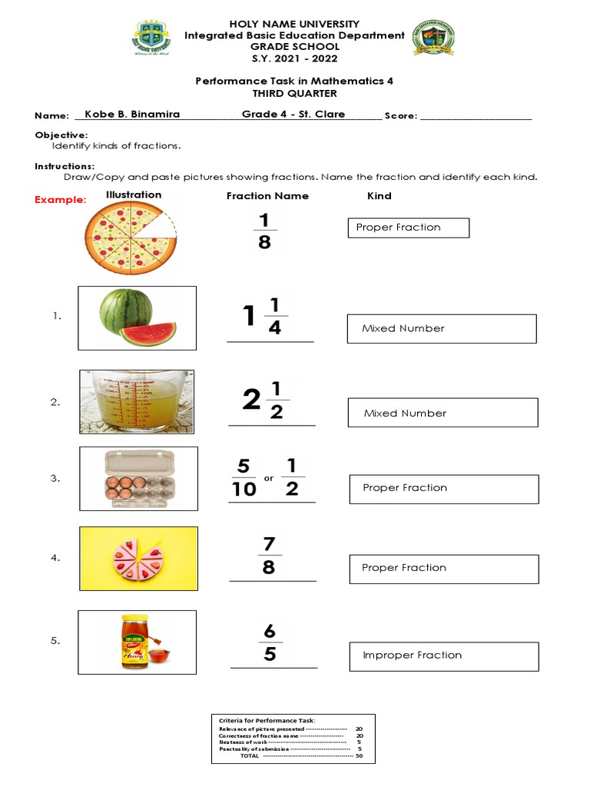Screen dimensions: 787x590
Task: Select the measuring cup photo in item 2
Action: click(137, 401)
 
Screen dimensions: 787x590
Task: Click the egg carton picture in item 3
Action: click(138, 478)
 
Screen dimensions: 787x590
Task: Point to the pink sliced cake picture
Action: click(138, 558)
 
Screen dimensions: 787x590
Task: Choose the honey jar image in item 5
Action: click(138, 641)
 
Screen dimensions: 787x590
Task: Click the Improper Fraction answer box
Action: click(443, 656)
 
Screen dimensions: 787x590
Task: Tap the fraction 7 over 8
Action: click(269, 556)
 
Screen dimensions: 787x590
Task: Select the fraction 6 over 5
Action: click(270, 643)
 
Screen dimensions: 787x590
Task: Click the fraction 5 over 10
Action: click(244, 477)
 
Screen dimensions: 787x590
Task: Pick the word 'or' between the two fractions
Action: click(269, 479)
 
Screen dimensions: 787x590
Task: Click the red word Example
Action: click(61, 200)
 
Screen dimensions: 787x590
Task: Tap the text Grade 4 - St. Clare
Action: click(293, 115)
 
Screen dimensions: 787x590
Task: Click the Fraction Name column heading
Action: click(267, 196)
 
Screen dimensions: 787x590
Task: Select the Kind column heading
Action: click(380, 196)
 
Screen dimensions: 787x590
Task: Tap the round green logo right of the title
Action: click(434, 40)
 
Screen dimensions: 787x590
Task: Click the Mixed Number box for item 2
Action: click(442, 413)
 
